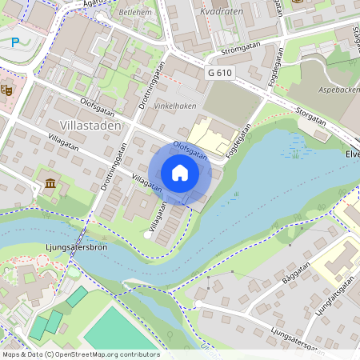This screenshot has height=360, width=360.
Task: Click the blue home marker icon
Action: tap(180, 173)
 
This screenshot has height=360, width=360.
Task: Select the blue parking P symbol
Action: tap(15, 42)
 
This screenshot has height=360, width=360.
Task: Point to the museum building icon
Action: tap(51, 185)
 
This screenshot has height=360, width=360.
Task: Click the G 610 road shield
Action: tap(221, 73)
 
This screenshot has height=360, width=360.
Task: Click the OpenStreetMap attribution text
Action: tap(80, 354)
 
